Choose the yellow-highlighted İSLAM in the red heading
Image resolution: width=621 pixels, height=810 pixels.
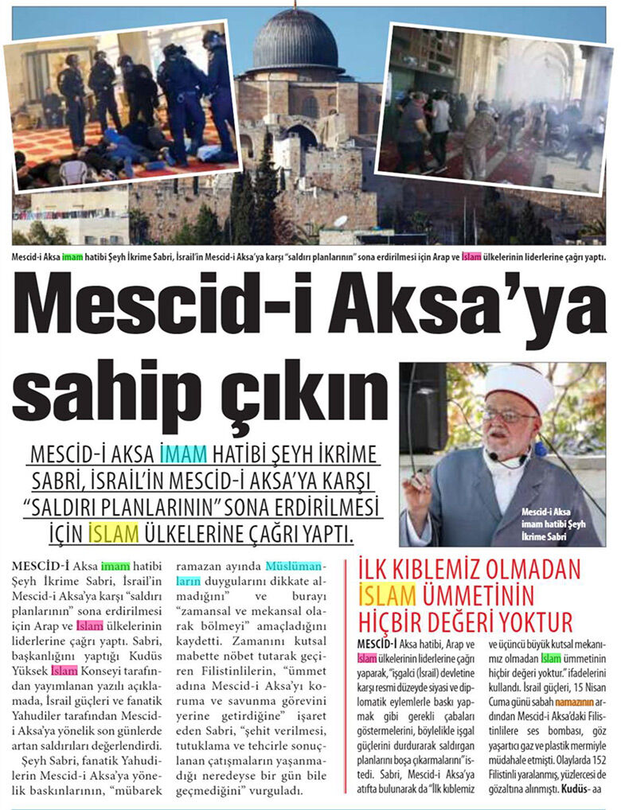pos(387,594)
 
